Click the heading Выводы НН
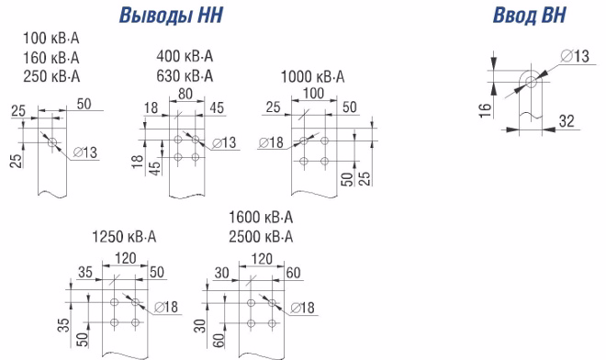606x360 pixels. click(x=171, y=15)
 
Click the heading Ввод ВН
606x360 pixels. click(x=529, y=15)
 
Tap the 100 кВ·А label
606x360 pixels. click(x=51, y=39)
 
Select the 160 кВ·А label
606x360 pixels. click(x=51, y=58)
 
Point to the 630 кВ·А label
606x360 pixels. click(x=185, y=76)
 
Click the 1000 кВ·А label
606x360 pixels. click(x=312, y=76)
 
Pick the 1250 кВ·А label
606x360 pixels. click(x=124, y=237)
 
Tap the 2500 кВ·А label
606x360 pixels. click(x=261, y=237)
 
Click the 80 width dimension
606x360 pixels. click(x=185, y=94)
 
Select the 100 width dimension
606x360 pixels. click(x=313, y=93)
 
